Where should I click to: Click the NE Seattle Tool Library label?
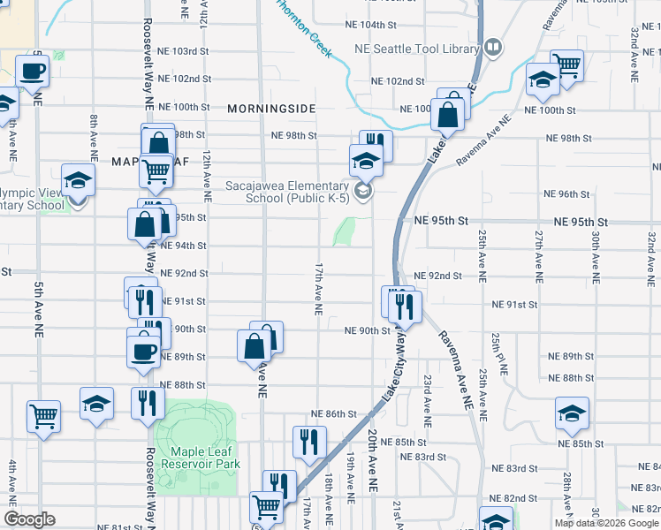[415, 49]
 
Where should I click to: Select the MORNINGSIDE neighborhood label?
[271, 108]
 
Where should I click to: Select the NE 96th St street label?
[566, 193]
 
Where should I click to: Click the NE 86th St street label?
[334, 413]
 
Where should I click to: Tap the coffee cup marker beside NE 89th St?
[142, 351]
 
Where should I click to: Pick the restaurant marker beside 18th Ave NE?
[309, 441]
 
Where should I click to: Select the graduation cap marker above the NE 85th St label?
[572, 412]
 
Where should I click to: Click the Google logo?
[30, 519]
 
